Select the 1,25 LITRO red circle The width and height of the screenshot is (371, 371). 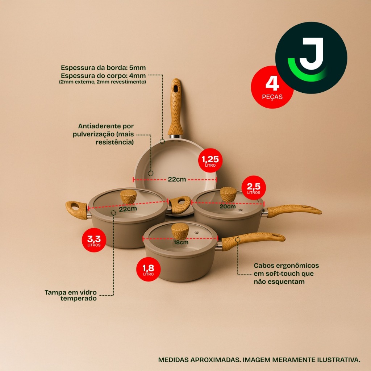pyautogui.click(x=210, y=161)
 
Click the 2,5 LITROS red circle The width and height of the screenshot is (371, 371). pyautogui.click(x=254, y=188)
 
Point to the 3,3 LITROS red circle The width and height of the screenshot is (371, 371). pyautogui.click(x=94, y=240)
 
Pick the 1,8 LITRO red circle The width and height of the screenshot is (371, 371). pyautogui.click(x=148, y=269)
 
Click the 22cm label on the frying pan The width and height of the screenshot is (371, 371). pyautogui.click(x=177, y=179)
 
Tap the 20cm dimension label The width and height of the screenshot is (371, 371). pyautogui.click(x=228, y=206)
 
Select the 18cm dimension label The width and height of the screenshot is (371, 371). pyautogui.click(x=181, y=242)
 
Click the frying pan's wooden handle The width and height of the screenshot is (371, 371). pyautogui.click(x=176, y=108)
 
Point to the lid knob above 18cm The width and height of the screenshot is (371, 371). pyautogui.click(x=180, y=231)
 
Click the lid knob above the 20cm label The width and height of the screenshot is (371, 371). pyautogui.click(x=228, y=195)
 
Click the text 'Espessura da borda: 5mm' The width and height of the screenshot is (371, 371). pyautogui.click(x=103, y=68)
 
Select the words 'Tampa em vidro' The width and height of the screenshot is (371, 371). pyautogui.click(x=71, y=292)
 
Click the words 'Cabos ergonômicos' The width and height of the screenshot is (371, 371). pyautogui.click(x=286, y=266)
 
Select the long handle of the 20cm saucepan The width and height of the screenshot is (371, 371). pyautogui.click(x=294, y=210)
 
